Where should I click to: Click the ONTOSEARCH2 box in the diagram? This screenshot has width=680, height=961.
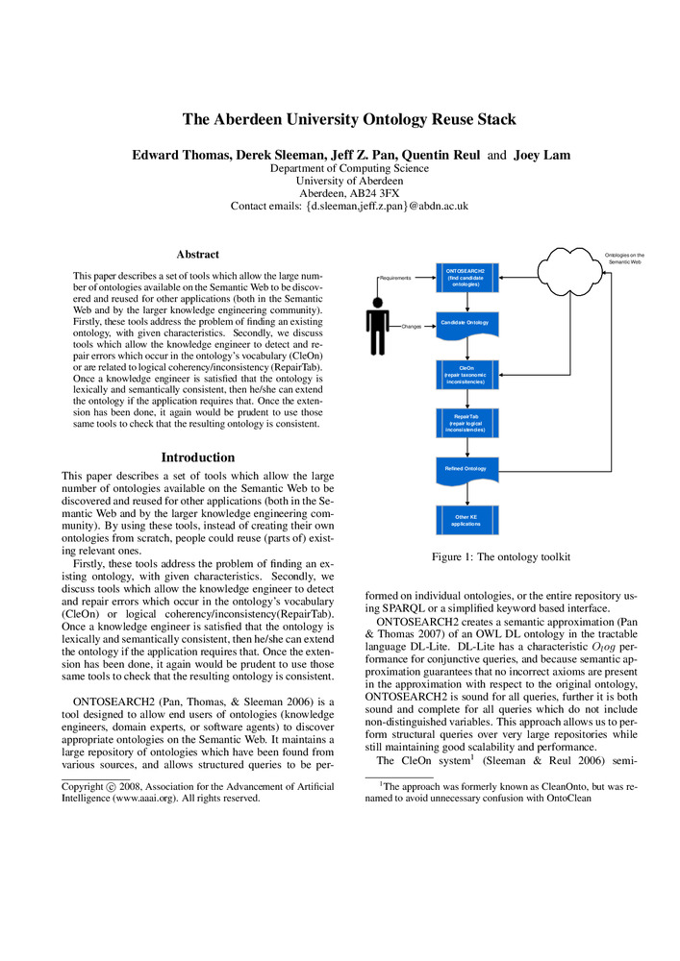pyautogui.click(x=466, y=277)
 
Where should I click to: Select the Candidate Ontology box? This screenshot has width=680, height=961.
pyautogui.click(x=466, y=322)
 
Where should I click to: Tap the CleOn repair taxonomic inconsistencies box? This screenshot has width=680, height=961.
pyautogui.click(x=466, y=375)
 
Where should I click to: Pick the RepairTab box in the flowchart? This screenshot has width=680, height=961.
pyautogui.click(x=466, y=423)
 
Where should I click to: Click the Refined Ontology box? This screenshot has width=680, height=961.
pyautogui.click(x=466, y=469)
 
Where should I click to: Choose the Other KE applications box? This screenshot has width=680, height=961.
pyautogui.click(x=466, y=520)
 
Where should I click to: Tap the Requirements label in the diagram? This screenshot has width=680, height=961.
pyautogui.click(x=395, y=278)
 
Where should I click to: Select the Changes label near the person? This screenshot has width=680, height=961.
pyautogui.click(x=412, y=327)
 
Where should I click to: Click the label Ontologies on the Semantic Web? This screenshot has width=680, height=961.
pyautogui.click(x=624, y=259)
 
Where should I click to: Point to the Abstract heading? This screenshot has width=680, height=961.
pyautogui.click(x=198, y=255)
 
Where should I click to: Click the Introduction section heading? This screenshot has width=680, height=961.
pyautogui.click(x=198, y=457)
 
